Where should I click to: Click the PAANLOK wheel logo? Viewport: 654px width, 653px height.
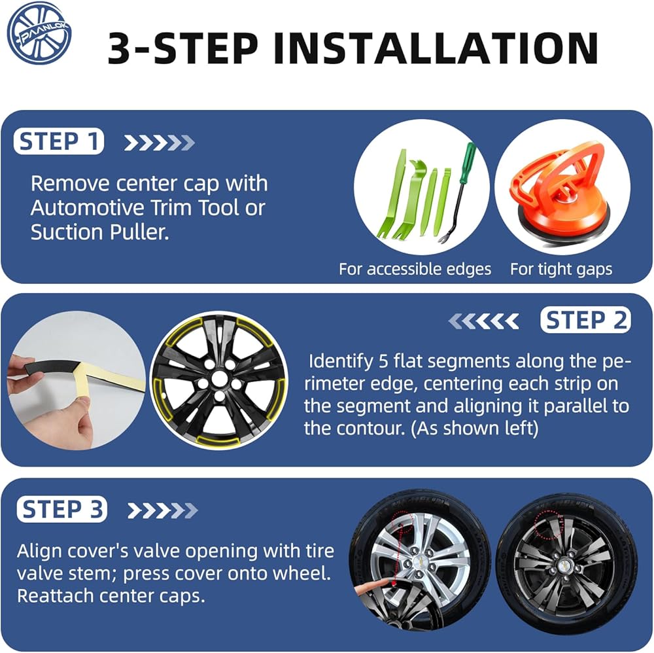pos(40,33)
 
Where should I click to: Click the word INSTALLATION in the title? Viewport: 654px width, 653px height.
pos(436,48)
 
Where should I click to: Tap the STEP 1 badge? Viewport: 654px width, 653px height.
pos(59,141)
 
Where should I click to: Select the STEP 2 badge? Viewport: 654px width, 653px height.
pos(585,321)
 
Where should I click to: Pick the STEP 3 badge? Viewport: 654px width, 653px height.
pos(61,510)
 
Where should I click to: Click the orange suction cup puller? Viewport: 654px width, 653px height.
pos(561,190)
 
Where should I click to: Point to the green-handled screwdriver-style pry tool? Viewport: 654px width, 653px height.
pos(458,192)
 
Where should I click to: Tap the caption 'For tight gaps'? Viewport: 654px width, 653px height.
pos(561,269)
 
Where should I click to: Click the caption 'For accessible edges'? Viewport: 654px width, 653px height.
pos(415,269)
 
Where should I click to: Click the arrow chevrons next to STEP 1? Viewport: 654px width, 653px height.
pos(160,143)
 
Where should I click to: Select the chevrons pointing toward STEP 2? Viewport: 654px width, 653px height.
pos(483,321)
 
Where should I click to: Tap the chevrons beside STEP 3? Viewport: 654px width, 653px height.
pos(162,510)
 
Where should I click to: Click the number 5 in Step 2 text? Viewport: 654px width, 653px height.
pos(384,361)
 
